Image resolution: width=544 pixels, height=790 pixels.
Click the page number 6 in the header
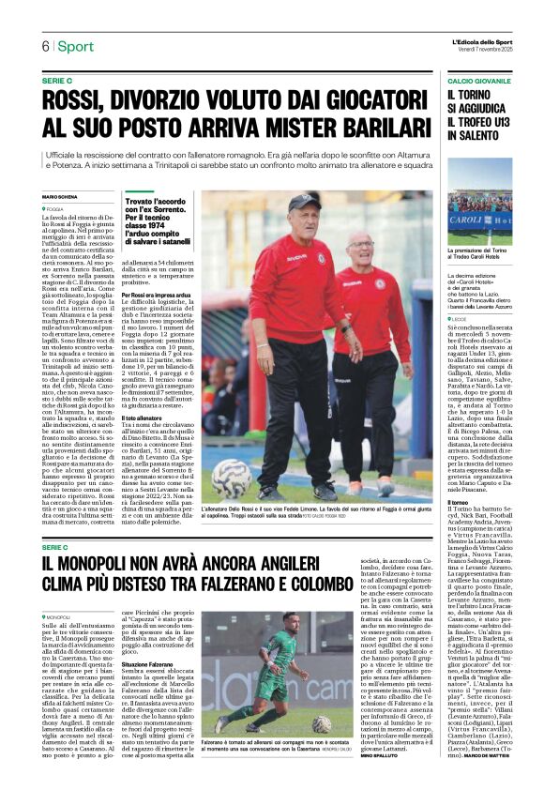pyautogui.click(x=44, y=47)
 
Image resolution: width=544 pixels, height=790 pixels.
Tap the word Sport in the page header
pyautogui.click(x=75, y=47)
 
